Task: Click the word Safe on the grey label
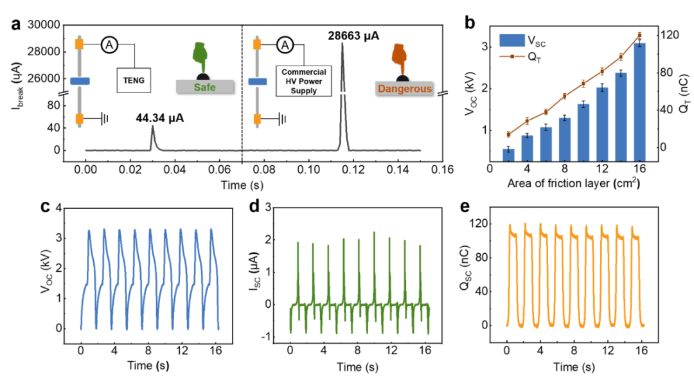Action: coord(204,87)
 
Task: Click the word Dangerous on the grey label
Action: coord(404,89)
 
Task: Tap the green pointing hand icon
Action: coord(200,56)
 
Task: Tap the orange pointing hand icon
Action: coord(399,57)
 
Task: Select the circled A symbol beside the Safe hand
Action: coord(109,45)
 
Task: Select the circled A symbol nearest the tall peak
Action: coord(285,45)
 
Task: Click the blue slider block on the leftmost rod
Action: coord(80,81)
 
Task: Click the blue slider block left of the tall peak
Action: coord(257,82)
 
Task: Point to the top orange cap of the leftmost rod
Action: coord(79,44)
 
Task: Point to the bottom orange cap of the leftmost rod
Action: coord(79,119)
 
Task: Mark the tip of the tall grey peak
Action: coord(342,44)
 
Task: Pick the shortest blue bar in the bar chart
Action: coord(508,154)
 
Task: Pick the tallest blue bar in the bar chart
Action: coord(639,101)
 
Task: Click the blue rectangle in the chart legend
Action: coord(512,40)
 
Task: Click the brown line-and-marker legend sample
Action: coord(512,57)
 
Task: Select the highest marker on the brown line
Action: coord(639,34)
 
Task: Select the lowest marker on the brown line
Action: coord(508,134)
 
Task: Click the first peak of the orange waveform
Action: coord(512,226)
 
